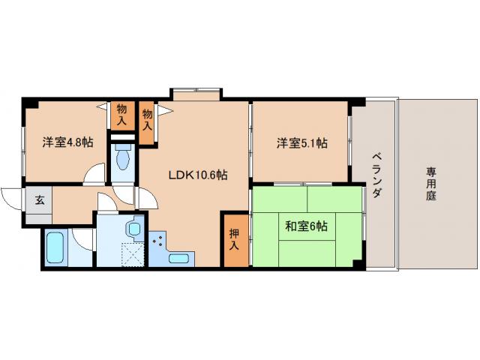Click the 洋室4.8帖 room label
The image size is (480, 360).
point(67,142)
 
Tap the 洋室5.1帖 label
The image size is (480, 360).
point(301,142)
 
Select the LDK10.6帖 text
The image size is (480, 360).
point(197,175)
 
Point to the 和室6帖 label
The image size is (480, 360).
point(309,225)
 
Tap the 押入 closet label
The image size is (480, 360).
point(234,238)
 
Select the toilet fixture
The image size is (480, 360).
point(124,158)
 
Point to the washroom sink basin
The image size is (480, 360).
point(134,228)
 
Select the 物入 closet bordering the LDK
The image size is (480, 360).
point(148,121)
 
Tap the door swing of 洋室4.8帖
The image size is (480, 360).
point(95,172)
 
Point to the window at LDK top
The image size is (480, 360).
point(196,94)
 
